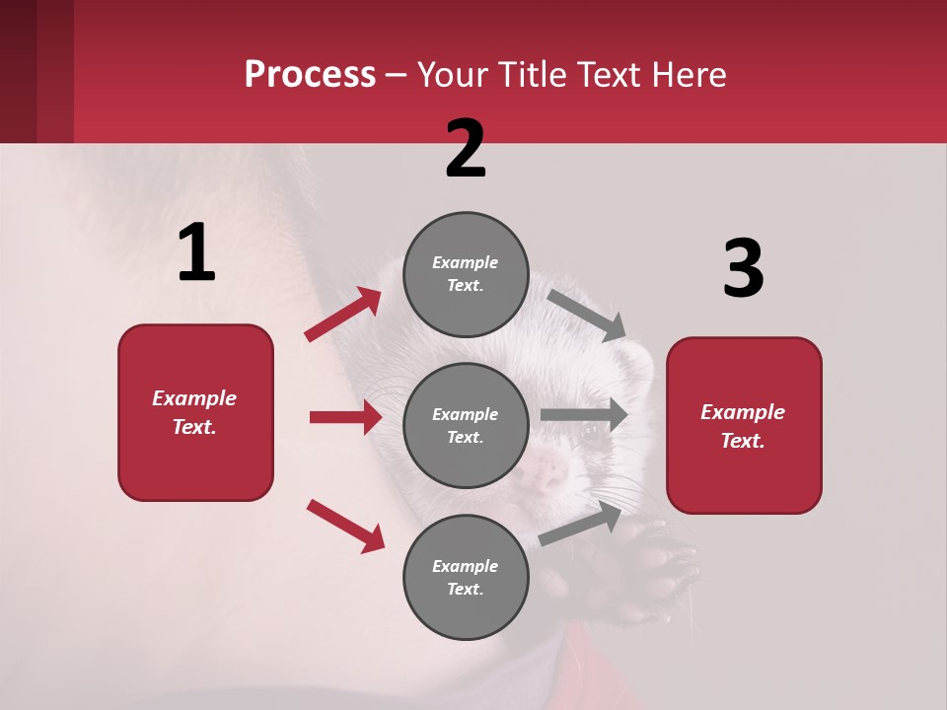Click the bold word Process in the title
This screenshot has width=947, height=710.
click(310, 74)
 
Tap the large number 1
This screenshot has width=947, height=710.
click(196, 253)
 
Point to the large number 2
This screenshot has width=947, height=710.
click(466, 149)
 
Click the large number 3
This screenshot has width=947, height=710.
click(743, 268)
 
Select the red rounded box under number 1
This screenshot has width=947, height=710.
click(195, 412)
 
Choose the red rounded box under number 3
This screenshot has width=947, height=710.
click(744, 425)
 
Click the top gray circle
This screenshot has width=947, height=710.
click(466, 274)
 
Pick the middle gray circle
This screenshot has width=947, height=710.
click(466, 425)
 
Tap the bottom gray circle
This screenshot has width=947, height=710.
click(466, 577)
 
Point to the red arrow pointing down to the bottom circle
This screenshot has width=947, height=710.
click(345, 525)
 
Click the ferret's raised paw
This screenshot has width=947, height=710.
click(656, 572)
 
